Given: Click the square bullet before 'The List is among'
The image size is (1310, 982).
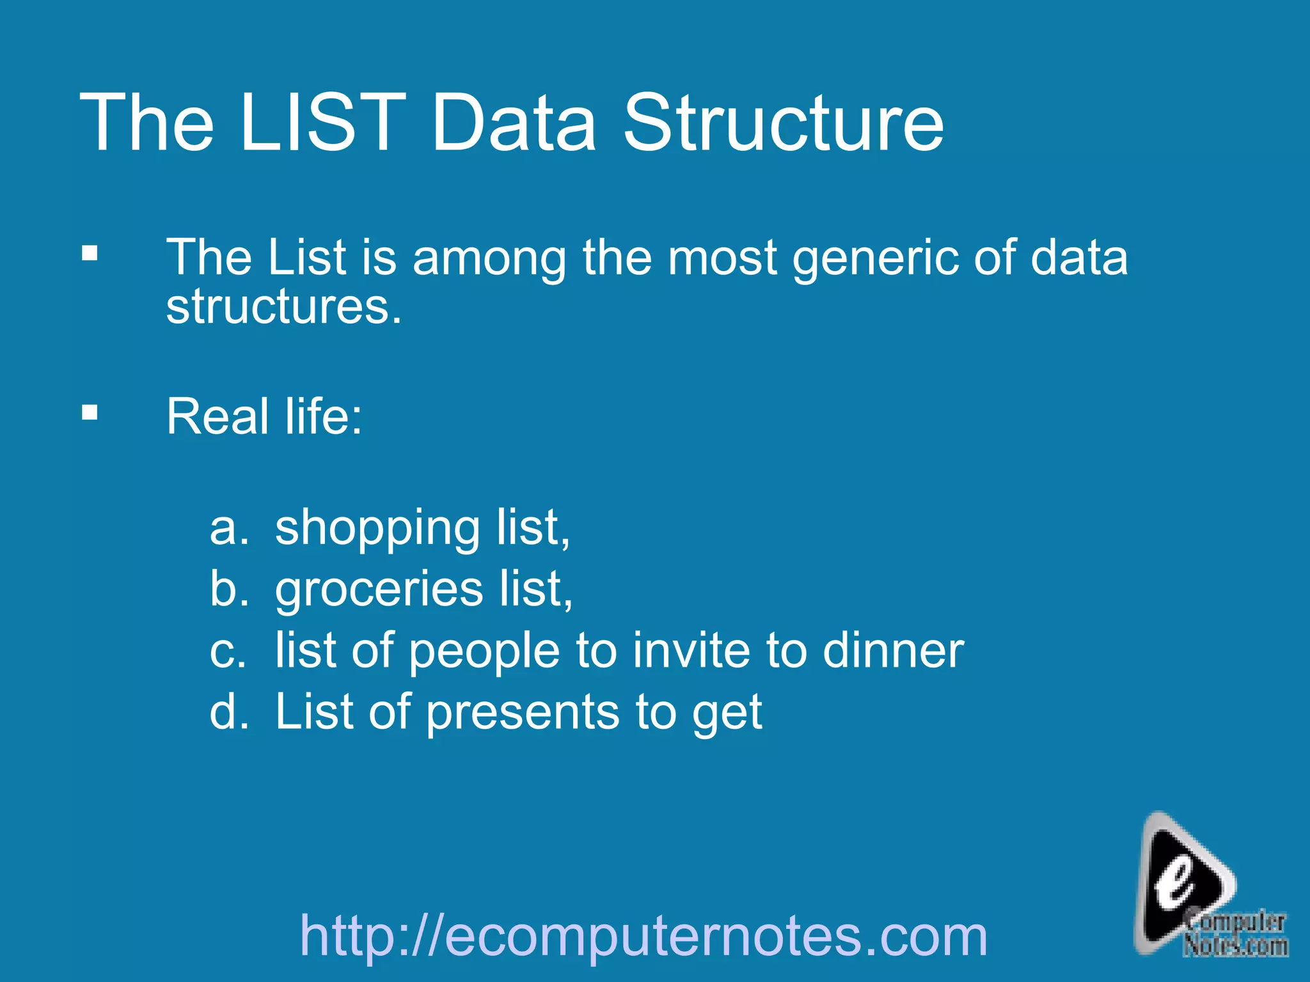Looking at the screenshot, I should [90, 254].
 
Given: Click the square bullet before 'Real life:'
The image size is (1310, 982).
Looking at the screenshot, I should [90, 412].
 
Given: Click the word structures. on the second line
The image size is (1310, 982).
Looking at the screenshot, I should [284, 307].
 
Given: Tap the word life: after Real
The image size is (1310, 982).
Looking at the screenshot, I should [324, 416].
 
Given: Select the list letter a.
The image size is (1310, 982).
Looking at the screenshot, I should [228, 529].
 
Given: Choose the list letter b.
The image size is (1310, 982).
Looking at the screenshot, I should [228, 589].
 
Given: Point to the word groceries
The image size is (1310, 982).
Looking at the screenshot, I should [379, 590].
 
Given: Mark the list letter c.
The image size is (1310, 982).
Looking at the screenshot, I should [228, 651].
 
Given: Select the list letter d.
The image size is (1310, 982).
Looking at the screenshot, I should [228, 712].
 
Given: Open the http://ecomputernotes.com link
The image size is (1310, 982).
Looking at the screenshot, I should [643, 936].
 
